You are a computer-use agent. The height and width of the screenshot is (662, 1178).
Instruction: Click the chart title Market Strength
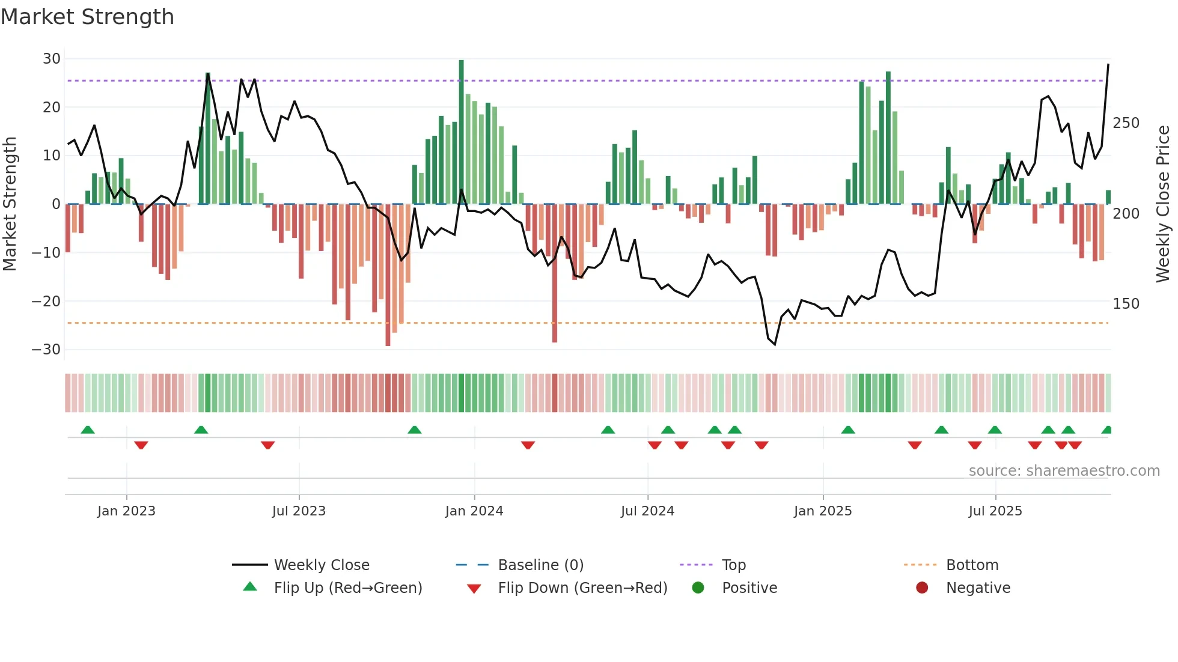87,17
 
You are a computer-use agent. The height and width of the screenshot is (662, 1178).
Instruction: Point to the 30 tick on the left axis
52,59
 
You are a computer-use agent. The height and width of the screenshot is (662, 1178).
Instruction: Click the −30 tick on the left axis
46,350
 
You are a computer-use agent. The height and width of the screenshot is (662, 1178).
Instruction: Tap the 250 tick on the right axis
1126,123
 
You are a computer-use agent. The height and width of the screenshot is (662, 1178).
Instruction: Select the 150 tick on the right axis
1126,304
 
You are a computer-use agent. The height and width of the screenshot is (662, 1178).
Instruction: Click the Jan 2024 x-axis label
474,511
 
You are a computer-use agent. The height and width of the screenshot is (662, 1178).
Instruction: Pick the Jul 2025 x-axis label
995,511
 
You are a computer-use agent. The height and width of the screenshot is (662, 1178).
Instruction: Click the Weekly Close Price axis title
1163,204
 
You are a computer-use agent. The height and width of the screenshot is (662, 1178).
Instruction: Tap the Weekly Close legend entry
322,565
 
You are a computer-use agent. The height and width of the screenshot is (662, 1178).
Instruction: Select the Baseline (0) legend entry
540,565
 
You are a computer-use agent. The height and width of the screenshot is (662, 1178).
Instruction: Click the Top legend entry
733,565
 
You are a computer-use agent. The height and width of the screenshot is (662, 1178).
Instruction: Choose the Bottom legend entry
972,565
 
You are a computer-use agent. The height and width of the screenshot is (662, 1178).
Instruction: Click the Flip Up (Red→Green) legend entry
347,588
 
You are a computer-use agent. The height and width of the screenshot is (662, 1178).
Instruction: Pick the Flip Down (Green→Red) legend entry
582,588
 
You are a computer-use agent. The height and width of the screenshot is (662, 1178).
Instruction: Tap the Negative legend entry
978,588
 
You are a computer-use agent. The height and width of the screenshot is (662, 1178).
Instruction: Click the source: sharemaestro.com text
1064,471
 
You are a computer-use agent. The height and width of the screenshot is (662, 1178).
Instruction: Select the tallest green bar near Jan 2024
461,132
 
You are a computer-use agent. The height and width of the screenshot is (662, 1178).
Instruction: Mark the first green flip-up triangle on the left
88,430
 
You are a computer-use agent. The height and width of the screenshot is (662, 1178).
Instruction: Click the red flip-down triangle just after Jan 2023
141,445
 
